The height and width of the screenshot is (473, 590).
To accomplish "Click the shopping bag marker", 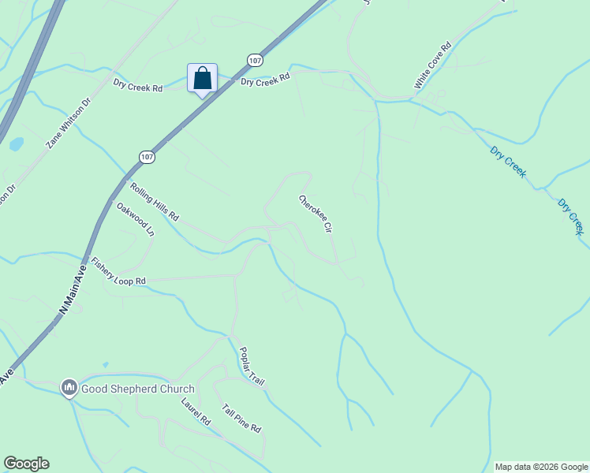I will tap(202, 78).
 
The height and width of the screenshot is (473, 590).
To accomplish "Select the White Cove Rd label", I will tap(432, 65).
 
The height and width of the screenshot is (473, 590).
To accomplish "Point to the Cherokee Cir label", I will tap(314, 214).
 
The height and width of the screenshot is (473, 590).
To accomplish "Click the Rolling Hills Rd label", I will tap(155, 203).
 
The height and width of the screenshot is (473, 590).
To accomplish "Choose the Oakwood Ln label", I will tap(136, 220).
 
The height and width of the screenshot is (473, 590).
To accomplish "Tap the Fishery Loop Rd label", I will tap(118, 271).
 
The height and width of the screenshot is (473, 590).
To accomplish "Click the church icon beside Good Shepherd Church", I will tap(69, 388).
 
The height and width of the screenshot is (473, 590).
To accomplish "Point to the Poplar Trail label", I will tap(252, 366).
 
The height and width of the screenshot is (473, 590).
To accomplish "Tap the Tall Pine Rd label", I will tap(241, 418).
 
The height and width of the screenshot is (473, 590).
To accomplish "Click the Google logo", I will tap(26, 463).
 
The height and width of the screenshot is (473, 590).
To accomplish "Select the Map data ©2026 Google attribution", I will tap(541, 467).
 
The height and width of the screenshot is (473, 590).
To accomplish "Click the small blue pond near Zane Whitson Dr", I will tap(16, 144).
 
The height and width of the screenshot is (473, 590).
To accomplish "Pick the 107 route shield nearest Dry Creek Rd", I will tap(254, 60).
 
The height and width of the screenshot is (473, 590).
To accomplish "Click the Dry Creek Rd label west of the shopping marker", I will tap(137, 86).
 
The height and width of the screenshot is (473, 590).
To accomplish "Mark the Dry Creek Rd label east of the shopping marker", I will tap(265, 80).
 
